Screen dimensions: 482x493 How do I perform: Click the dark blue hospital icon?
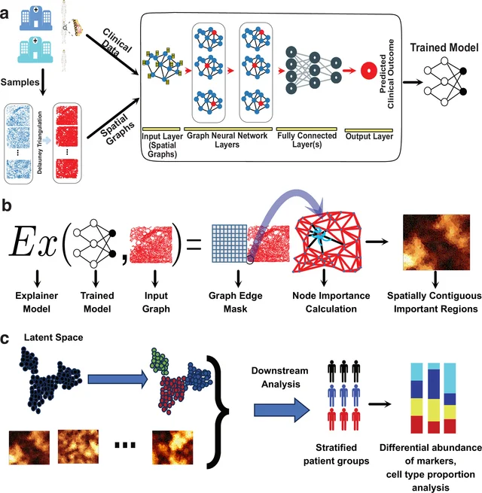click(36, 19)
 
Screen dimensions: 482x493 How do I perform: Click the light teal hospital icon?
click(35, 50)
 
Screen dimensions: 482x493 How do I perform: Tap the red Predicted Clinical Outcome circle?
click(369, 71)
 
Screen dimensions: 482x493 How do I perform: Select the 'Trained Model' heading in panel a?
click(444, 47)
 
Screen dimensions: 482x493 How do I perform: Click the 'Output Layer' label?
click(369, 136)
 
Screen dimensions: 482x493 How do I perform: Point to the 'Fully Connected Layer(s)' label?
click(307, 140)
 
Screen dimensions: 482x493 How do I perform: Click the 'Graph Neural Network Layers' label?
click(227, 140)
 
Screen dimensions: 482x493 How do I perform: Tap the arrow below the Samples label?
click(43, 82)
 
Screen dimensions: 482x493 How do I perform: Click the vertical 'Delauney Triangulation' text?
click(40, 142)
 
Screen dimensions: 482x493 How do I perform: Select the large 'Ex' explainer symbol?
click(33, 242)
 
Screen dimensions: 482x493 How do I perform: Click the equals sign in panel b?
click(194, 245)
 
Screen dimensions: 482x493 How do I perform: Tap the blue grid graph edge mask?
click(230, 243)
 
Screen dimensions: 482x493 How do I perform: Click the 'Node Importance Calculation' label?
click(331, 302)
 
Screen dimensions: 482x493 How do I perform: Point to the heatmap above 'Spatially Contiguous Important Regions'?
click(436, 242)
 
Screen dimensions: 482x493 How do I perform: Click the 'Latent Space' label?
click(53, 337)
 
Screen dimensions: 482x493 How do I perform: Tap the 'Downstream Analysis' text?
click(280, 377)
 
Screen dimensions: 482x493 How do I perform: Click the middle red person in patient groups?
click(343, 420)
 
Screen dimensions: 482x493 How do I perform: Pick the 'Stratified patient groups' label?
click(336, 454)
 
